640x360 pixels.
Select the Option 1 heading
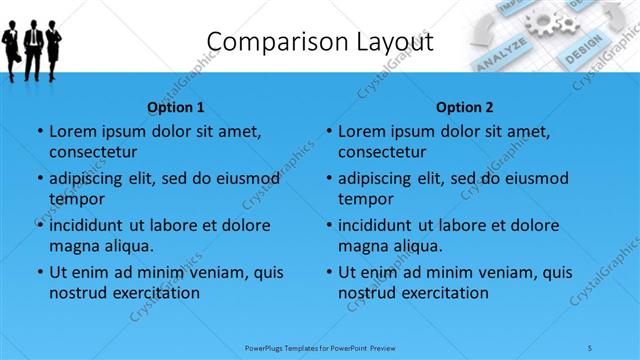(176, 107)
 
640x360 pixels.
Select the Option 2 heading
(465, 107)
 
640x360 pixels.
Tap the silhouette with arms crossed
(54, 45)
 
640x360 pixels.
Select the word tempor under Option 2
(364, 199)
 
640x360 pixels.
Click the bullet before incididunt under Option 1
(39, 226)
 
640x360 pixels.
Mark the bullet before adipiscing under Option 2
(328, 179)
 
